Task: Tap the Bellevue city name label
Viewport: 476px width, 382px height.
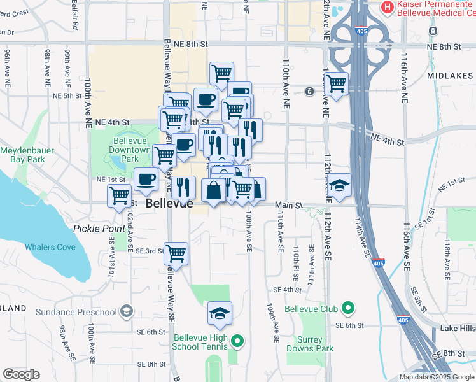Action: coord(169,204)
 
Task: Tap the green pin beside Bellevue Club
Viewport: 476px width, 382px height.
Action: coord(347,309)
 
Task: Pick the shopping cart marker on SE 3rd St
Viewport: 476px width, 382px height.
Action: coord(176,253)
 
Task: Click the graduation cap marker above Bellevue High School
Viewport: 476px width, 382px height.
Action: coord(220,313)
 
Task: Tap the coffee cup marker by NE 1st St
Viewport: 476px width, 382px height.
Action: coord(146,180)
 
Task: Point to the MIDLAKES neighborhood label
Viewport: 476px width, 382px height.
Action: coord(451,75)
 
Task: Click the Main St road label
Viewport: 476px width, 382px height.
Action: coord(287,205)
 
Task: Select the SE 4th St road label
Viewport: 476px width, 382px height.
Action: coord(286,290)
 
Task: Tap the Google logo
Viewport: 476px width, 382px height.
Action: coord(22,374)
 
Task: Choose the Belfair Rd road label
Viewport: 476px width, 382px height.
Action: coord(75,19)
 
